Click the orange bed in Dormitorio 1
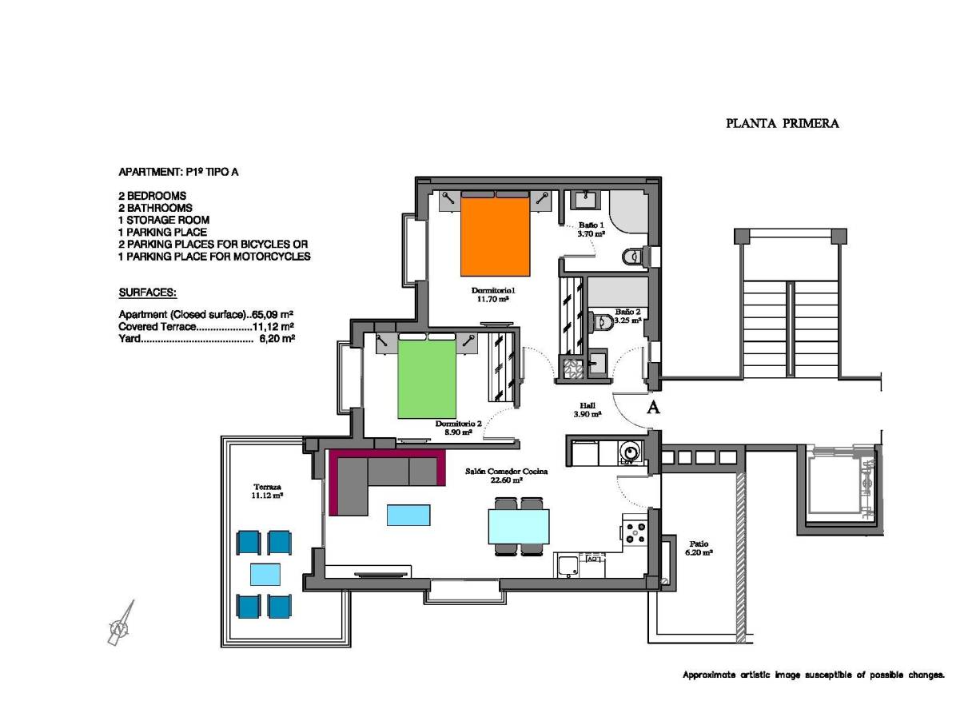click(496, 235)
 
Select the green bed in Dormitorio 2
click(428, 376)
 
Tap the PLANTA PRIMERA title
click(782, 124)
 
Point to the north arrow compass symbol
click(121, 623)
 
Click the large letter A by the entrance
click(653, 408)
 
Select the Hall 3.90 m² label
click(588, 410)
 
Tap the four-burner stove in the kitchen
click(635, 532)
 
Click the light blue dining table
click(519, 527)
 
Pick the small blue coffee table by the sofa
click(408, 515)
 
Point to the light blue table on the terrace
click(265, 575)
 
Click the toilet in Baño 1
click(632, 256)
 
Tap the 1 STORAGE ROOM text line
click(164, 220)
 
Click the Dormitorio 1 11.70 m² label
click(490, 294)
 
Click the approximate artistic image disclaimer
click(813, 675)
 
